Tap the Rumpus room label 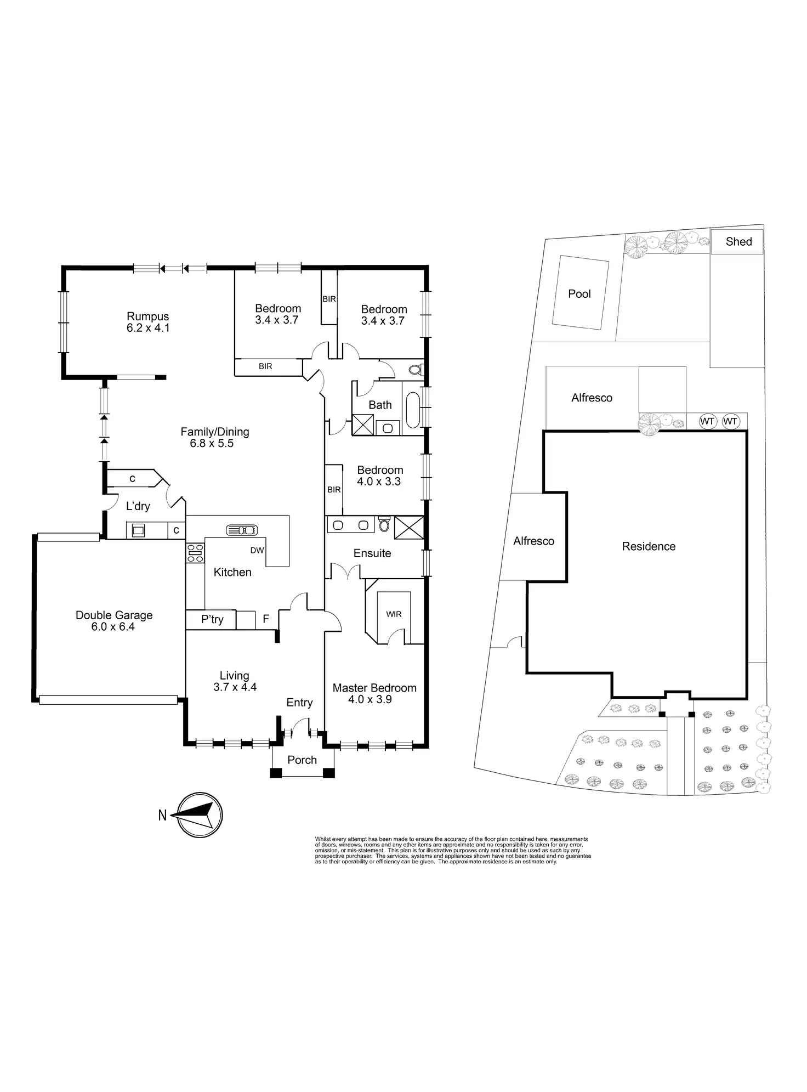click(147, 316)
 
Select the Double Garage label click(114, 615)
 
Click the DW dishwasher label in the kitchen click(257, 550)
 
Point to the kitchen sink click(242, 530)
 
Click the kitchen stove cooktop click(195, 552)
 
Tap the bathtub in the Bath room click(413, 410)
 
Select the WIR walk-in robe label click(394, 614)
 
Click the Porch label click(302, 760)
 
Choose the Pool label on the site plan click(579, 293)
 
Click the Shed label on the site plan click(738, 241)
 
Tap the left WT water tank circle click(707, 421)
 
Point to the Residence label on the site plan click(649, 546)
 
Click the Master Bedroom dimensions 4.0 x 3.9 click(370, 699)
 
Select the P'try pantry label click(212, 619)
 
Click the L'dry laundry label click(138, 506)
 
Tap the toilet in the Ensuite click(384, 524)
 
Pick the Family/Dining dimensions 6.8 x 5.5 click(212, 443)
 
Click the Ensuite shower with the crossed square click(409, 527)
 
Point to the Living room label click(234, 676)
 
